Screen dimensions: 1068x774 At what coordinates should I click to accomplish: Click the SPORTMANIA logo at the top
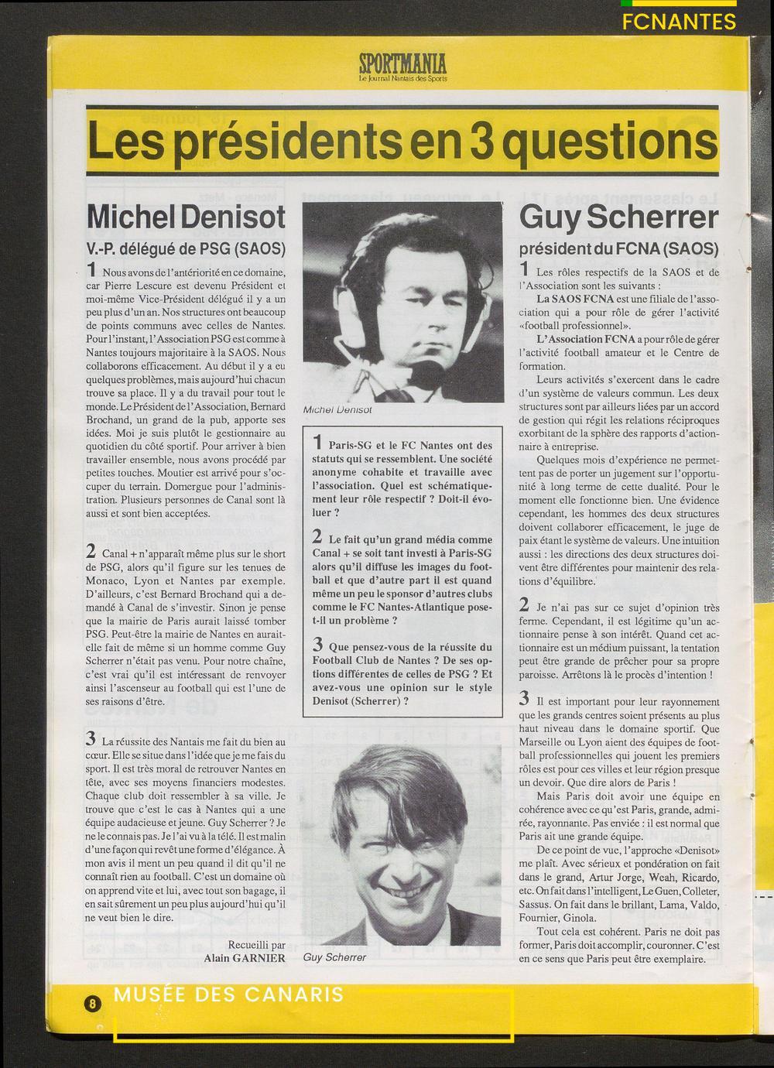402,62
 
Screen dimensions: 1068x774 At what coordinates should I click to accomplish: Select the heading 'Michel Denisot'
186,217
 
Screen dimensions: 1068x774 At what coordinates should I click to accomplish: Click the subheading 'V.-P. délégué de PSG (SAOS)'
186,249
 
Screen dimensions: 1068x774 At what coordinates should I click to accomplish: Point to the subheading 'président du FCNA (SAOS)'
619,249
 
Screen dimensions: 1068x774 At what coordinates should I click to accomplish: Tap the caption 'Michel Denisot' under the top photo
337,409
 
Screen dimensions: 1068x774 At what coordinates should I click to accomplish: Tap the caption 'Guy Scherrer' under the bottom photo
335,957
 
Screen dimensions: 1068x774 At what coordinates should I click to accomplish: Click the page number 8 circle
92,1004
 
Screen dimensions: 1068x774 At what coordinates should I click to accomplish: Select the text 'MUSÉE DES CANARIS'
228,994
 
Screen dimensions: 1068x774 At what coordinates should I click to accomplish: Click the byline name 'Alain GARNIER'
245,958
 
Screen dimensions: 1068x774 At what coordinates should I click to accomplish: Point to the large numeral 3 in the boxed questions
318,643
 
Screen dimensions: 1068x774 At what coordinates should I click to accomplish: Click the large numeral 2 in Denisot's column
91,551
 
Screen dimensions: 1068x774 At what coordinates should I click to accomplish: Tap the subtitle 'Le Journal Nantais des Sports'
402,78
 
